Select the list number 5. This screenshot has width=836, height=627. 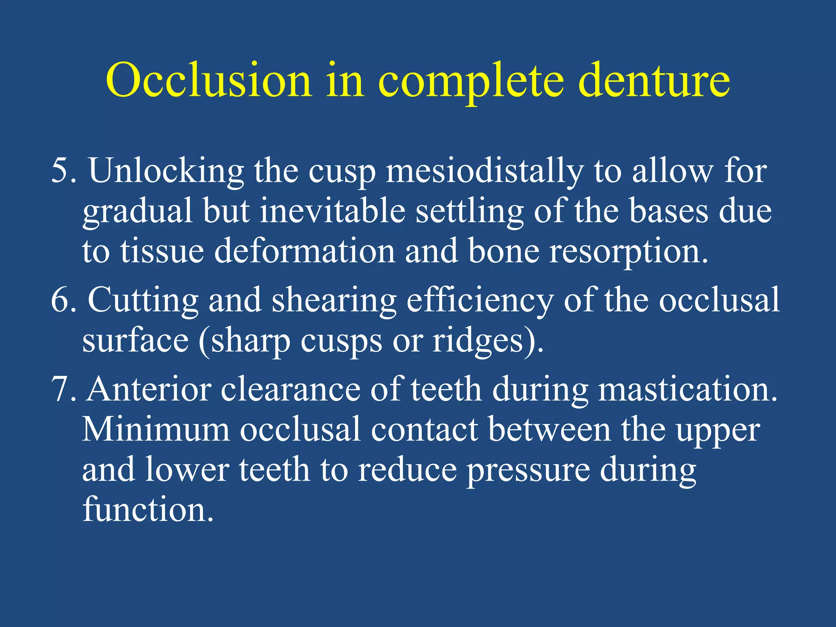tap(63, 171)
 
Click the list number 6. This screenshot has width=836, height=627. tap(63, 300)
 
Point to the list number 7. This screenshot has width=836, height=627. tap(63, 389)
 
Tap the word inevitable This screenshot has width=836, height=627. tap(333, 211)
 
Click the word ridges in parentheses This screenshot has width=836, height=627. tap(478, 341)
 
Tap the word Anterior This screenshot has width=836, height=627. tap(149, 389)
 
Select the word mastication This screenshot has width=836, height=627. tap(687, 389)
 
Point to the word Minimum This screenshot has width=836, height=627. tap(156, 429)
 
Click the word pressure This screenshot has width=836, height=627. tap(528, 470)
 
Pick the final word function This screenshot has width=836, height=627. tap(148, 509)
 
